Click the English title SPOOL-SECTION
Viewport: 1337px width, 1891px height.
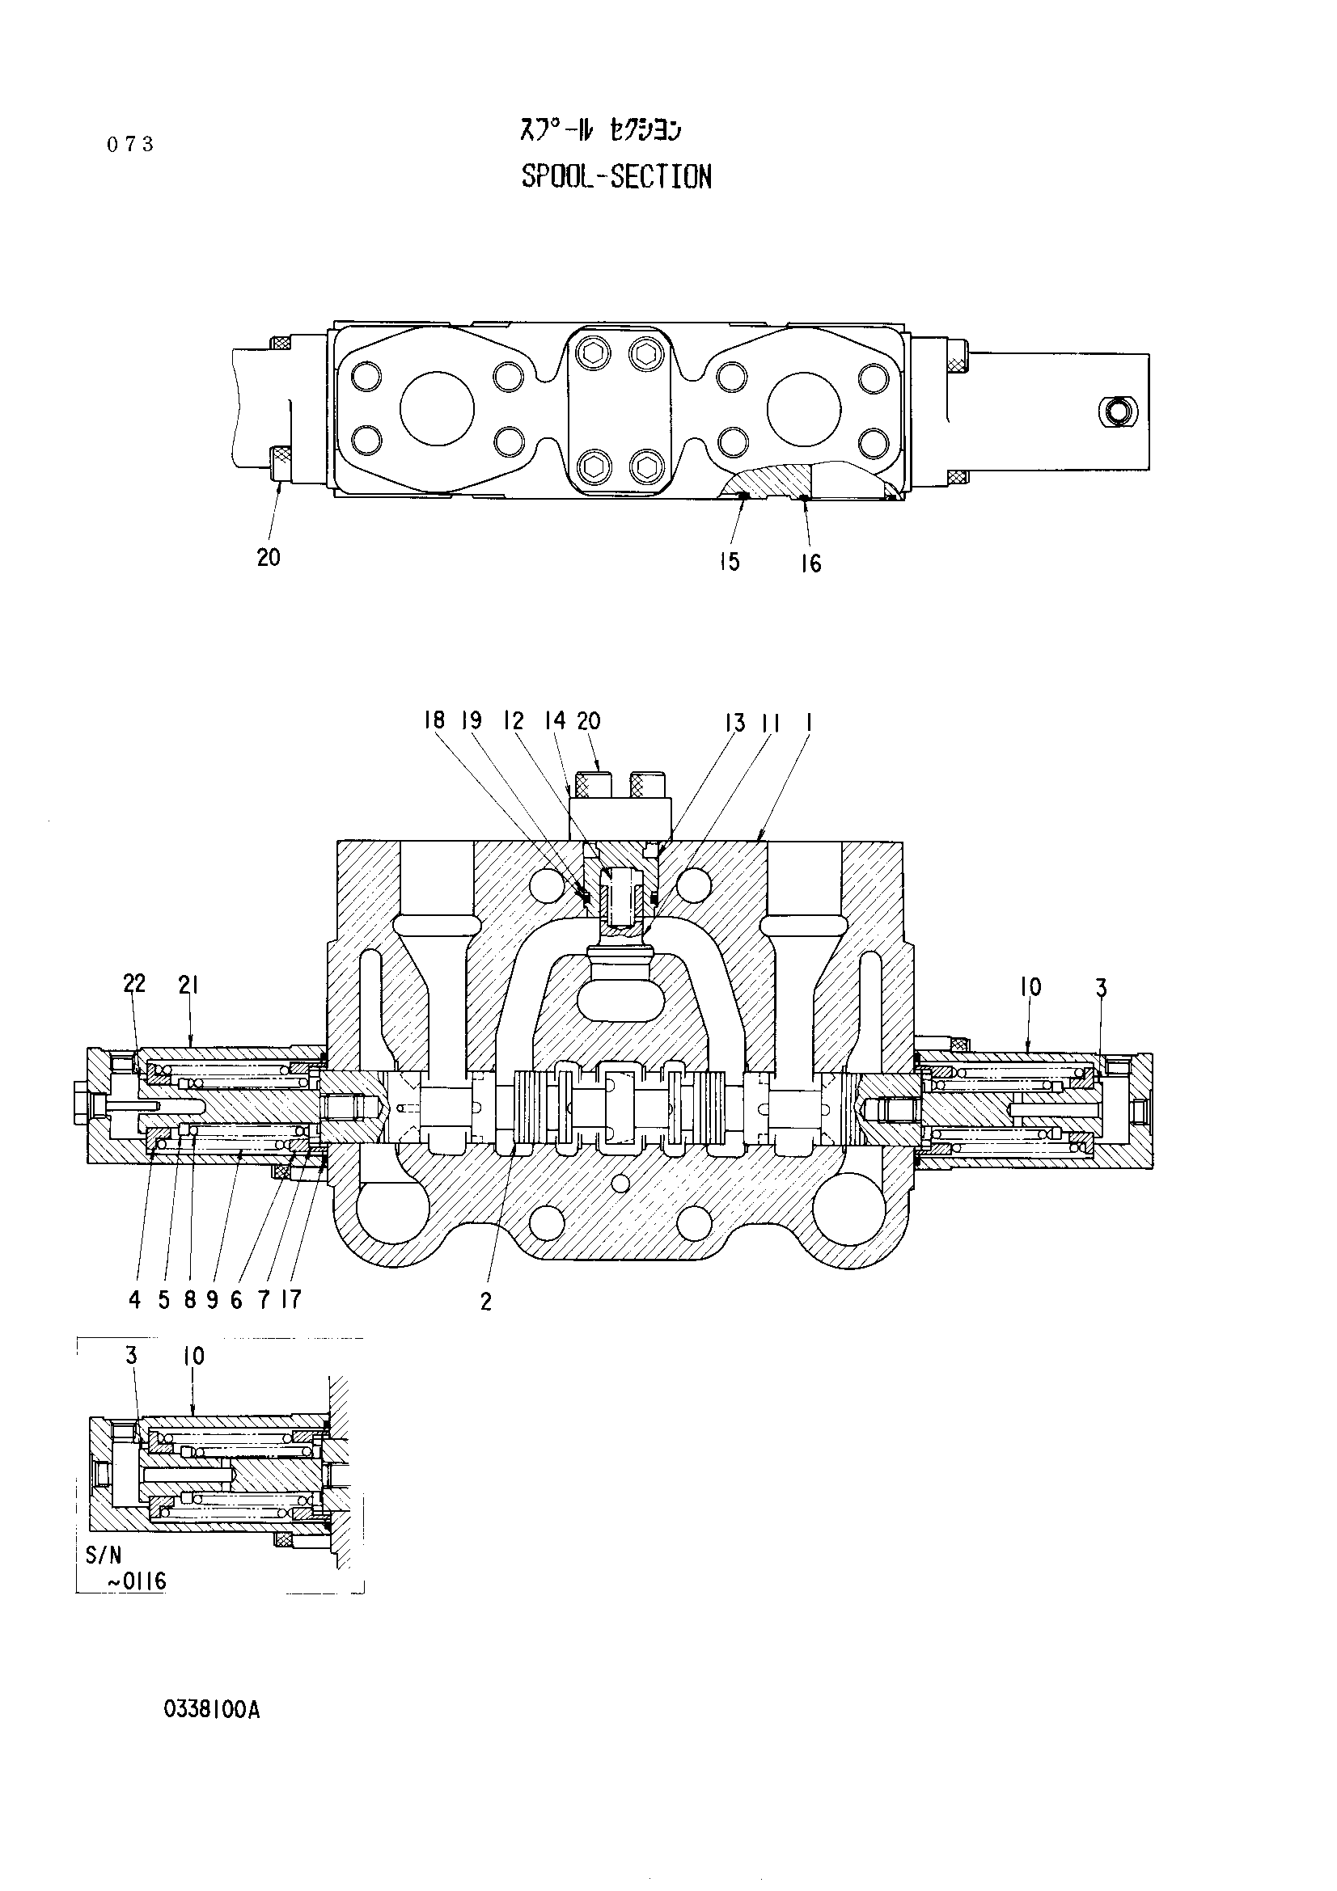click(616, 176)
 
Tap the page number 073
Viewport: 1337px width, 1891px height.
click(130, 145)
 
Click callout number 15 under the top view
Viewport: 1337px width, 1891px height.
click(729, 562)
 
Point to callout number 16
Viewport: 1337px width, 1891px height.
click(810, 564)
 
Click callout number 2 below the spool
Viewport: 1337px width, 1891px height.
click(486, 1302)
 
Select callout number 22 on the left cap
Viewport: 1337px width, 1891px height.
click(134, 983)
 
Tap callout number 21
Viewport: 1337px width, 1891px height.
click(188, 984)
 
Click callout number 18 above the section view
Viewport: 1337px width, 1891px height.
click(434, 720)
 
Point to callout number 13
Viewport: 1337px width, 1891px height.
click(734, 722)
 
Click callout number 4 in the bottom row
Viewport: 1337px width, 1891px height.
click(135, 1300)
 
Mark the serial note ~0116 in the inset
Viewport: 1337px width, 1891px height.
click(137, 1581)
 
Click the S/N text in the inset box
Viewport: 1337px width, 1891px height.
click(103, 1555)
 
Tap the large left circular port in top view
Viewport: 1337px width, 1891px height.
click(438, 409)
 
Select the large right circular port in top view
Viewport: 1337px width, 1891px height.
click(804, 409)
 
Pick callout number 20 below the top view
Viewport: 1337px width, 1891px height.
click(269, 558)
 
